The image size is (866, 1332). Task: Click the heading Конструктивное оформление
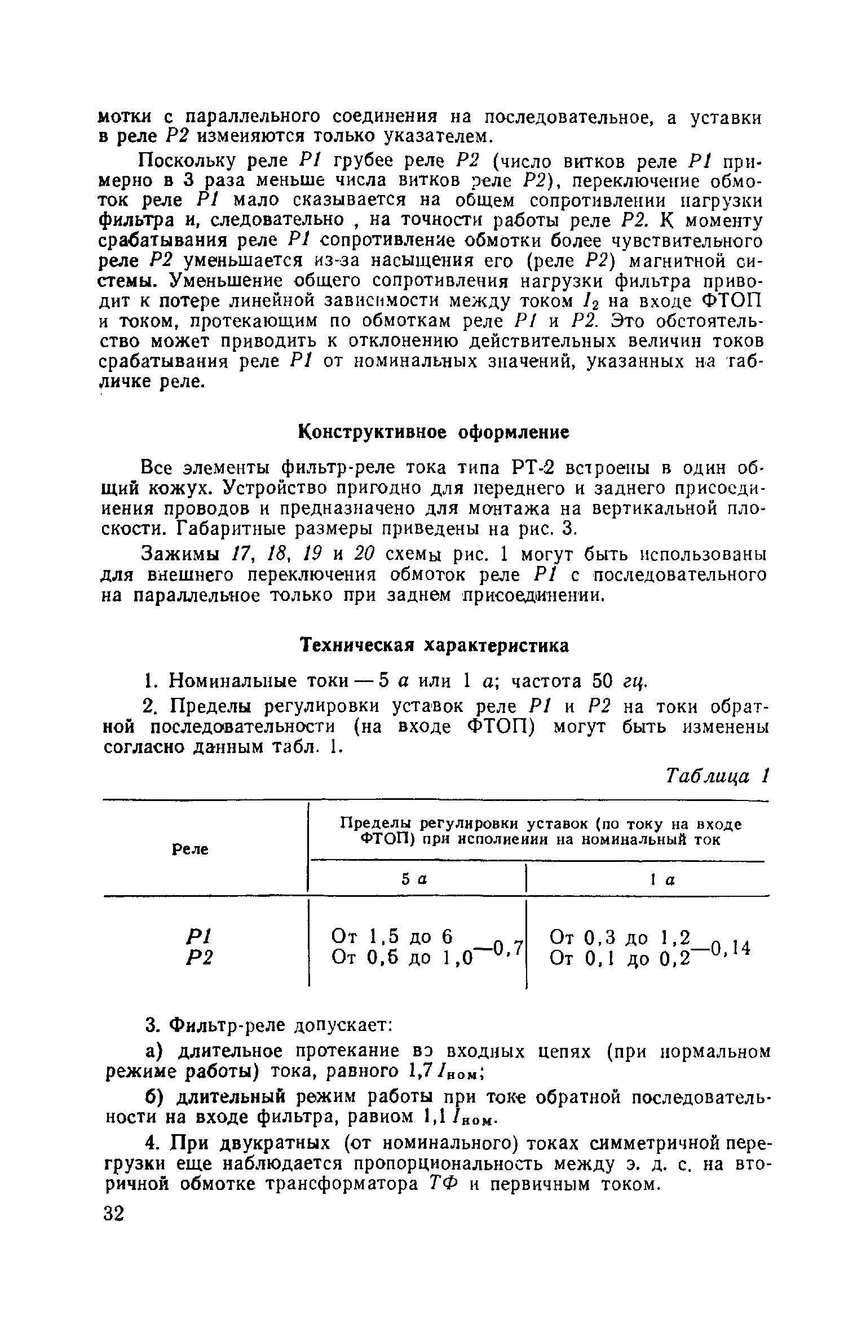pyautogui.click(x=433, y=432)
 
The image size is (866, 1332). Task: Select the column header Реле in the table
pyautogui.click(x=189, y=849)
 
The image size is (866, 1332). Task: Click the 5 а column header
pyautogui.click(x=416, y=879)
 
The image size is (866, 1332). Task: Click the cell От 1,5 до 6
pyautogui.click(x=392, y=936)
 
